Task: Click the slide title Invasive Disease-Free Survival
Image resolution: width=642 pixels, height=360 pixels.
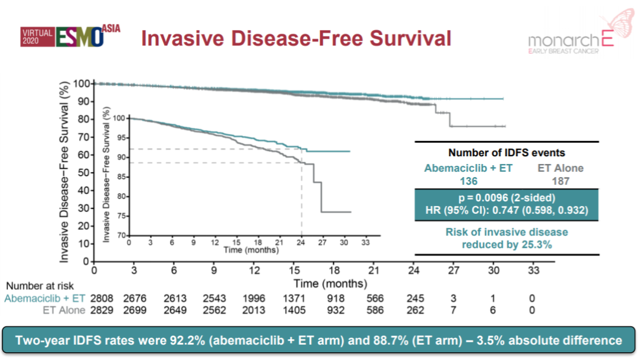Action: pyautogui.click(x=296, y=38)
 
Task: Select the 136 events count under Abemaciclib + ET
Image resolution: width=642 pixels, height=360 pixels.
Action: pyautogui.click(x=468, y=180)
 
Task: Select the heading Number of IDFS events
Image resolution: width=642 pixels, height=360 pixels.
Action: pyautogui.click(x=506, y=153)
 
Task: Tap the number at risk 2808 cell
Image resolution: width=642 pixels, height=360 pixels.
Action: pyautogui.click(x=100, y=298)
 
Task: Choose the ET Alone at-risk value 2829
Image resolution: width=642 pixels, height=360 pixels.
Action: pyautogui.click(x=100, y=310)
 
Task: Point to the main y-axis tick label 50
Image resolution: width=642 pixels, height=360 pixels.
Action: pyautogui.click(x=83, y=173)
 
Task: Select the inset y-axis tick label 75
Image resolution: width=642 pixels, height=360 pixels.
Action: pyautogui.click(x=119, y=216)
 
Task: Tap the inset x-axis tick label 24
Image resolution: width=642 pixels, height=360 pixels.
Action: pyautogui.click(x=301, y=242)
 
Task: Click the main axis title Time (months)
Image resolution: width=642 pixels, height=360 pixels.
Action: pyautogui.click(x=330, y=283)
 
